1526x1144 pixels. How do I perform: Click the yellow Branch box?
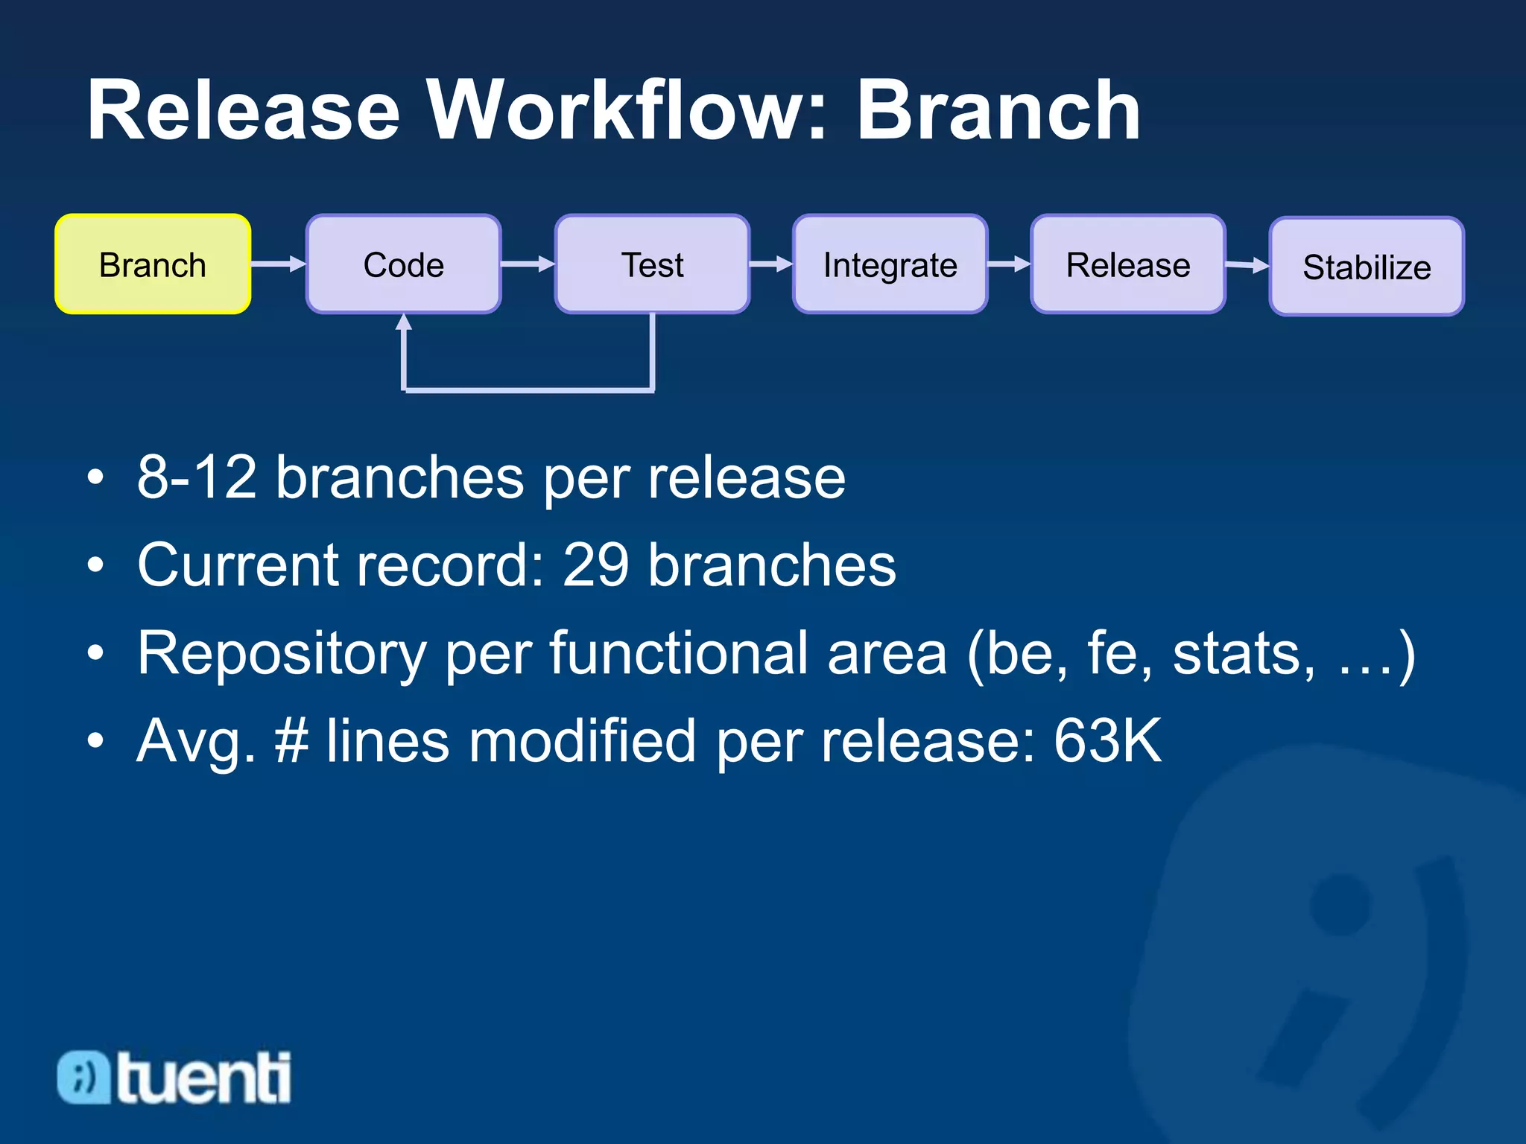click(x=153, y=264)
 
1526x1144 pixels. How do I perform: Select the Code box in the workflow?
click(x=403, y=264)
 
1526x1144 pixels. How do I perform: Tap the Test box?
click(x=652, y=264)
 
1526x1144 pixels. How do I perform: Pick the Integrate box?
click(x=890, y=264)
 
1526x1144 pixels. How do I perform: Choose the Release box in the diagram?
click(x=1127, y=264)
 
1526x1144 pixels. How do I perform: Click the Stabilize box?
click(x=1367, y=267)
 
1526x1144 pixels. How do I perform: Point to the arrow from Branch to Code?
click(x=278, y=264)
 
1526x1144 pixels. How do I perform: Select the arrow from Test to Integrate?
click(x=771, y=264)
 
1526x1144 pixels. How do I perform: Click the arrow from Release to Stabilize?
click(x=1247, y=264)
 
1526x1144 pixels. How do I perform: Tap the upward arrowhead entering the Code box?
click(x=404, y=322)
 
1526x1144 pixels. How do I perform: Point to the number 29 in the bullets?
click(x=595, y=565)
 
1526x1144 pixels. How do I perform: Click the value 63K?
click(x=1107, y=740)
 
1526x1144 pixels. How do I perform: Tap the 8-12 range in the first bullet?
click(x=197, y=477)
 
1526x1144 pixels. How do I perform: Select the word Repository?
click(x=282, y=654)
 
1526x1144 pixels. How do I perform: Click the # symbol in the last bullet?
click(x=291, y=740)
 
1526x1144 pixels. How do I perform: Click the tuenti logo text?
click(x=203, y=1078)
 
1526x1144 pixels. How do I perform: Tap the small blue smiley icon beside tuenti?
click(x=84, y=1077)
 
